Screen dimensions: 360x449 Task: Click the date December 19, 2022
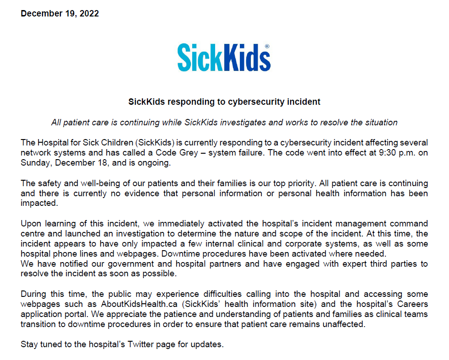60,13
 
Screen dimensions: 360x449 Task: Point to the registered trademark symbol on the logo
267,47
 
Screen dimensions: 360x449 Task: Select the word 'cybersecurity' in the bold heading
254,102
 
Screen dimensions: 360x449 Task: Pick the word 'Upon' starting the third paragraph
30,224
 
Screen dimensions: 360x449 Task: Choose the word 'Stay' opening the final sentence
29,344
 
